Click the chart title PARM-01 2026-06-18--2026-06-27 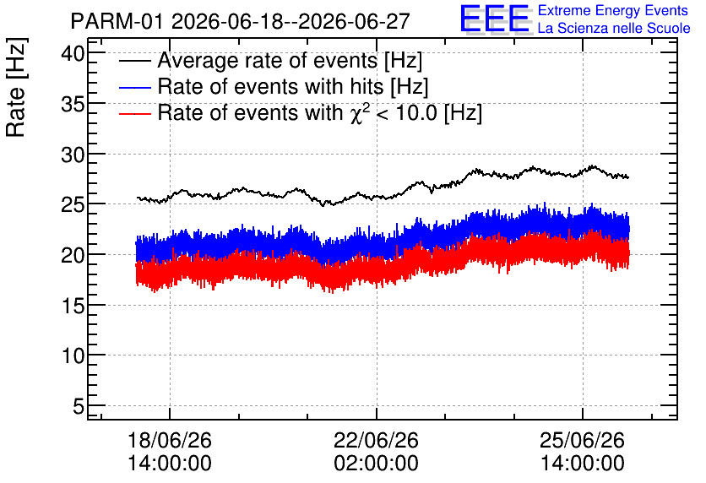pos(240,21)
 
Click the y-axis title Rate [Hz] pos(16,87)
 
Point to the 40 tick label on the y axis pos(73,54)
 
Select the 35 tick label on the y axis pos(73,105)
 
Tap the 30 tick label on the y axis pos(73,155)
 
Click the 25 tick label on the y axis pos(73,205)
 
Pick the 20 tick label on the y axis pos(73,256)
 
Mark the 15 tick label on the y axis pos(73,306)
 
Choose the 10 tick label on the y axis pos(73,356)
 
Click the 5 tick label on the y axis pos(79,407)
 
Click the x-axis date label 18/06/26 pos(170,440)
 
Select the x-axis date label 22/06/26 pos(376,440)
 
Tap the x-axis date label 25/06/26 pos(582,440)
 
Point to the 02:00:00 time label pos(376,464)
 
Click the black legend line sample pos(134,61)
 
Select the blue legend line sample pos(134,87)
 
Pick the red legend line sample pos(134,113)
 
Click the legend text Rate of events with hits pos(270,86)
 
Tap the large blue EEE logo pos(495,19)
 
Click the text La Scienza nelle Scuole pos(614,29)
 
